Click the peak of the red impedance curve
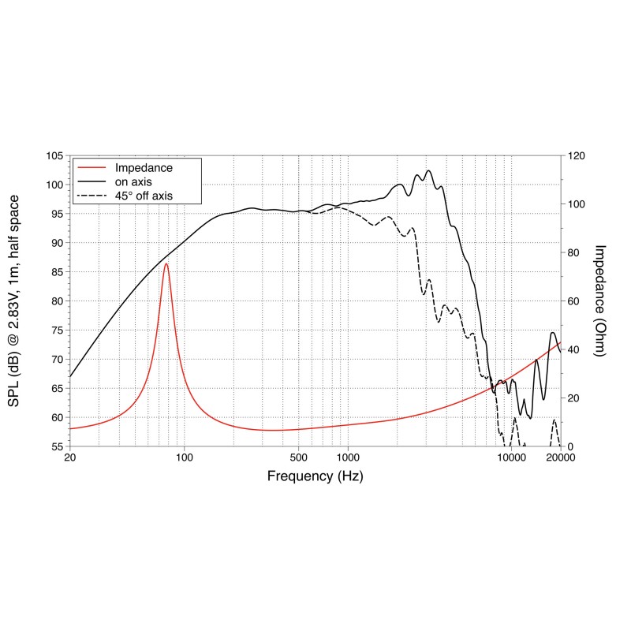(x=166, y=264)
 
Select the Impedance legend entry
(x=144, y=168)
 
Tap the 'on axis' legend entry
(x=136, y=181)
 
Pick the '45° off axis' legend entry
(x=144, y=195)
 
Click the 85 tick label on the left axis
(x=54, y=272)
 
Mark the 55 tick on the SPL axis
(x=54, y=446)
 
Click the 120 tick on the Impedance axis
(x=576, y=156)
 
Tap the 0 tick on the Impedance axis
(x=570, y=446)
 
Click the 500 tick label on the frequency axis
(x=298, y=458)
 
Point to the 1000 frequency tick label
(x=348, y=458)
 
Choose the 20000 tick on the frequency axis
(x=560, y=458)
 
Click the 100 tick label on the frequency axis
(x=185, y=458)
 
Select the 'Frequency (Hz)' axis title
(x=315, y=476)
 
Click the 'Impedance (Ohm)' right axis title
(x=599, y=301)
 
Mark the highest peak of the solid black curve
(x=428, y=170)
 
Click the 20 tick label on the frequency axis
(x=70, y=458)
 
